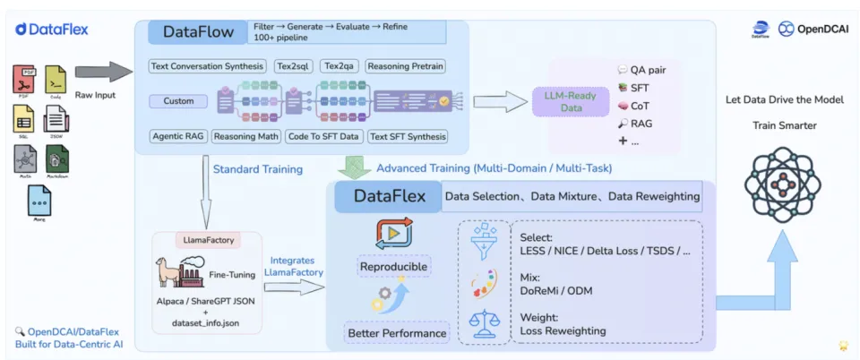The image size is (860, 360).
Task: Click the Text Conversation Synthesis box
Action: pos(209,66)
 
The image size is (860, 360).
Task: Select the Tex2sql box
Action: pos(293,66)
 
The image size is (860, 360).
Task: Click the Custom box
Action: pos(178,101)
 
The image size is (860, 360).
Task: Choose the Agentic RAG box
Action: pos(178,136)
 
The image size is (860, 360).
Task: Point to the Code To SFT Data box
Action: pos(323,136)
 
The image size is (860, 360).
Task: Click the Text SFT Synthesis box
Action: pos(408,136)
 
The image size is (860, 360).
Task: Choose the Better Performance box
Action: pos(396,333)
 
